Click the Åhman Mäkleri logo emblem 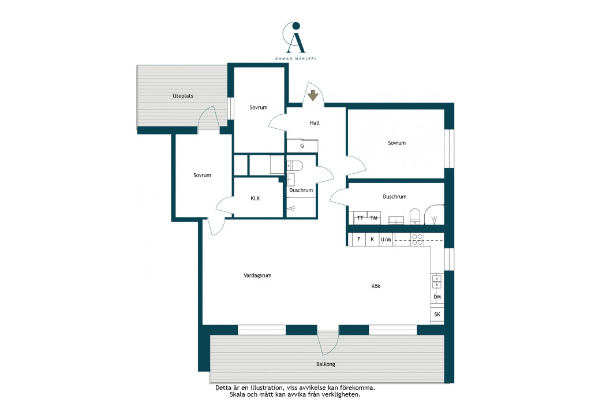[x=294, y=38]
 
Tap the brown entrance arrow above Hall [x=312, y=95]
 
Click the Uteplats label [x=183, y=96]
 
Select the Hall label [x=315, y=123]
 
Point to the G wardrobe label [x=302, y=146]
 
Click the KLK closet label [x=255, y=198]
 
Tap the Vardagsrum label [x=257, y=275]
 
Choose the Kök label [x=376, y=286]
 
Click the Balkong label [x=326, y=364]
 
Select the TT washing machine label [x=360, y=218]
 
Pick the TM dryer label [x=373, y=218]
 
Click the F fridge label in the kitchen [x=359, y=240]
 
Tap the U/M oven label [x=386, y=240]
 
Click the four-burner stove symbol [x=417, y=240]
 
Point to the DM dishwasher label [x=437, y=297]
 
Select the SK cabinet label [x=437, y=314]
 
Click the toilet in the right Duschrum [x=414, y=217]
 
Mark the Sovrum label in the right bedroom [x=397, y=143]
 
